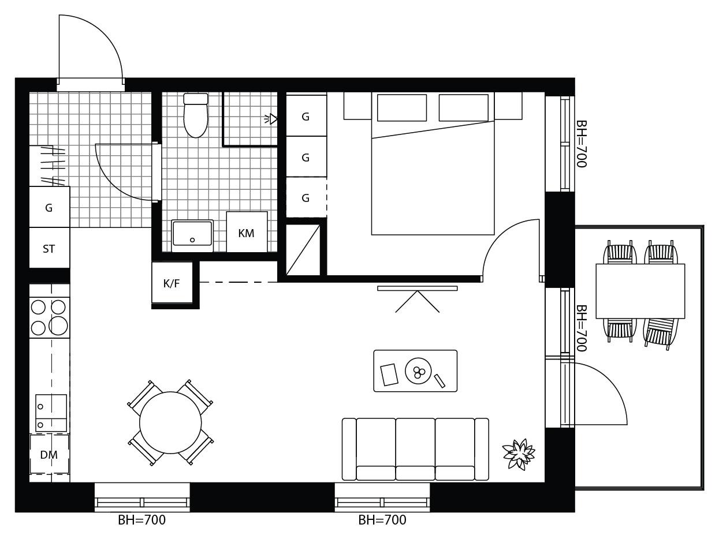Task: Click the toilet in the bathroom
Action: (x=196, y=115)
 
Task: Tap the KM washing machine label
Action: (x=246, y=233)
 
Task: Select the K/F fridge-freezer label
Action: (x=172, y=283)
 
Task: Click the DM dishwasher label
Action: (x=49, y=455)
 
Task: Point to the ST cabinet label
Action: (x=49, y=249)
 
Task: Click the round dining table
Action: (x=170, y=422)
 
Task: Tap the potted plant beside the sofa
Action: (x=519, y=454)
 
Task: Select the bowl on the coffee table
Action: (x=418, y=371)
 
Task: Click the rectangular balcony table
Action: (x=640, y=291)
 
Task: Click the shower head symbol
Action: (x=271, y=119)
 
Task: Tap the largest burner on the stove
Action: (x=58, y=325)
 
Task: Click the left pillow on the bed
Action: (x=401, y=108)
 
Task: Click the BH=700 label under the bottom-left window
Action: (x=141, y=520)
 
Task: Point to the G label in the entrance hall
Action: (x=49, y=208)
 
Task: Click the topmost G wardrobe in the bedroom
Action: (x=306, y=115)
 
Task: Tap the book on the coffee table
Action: (x=389, y=375)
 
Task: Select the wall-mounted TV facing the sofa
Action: (x=417, y=289)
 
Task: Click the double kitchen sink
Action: (x=51, y=413)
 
